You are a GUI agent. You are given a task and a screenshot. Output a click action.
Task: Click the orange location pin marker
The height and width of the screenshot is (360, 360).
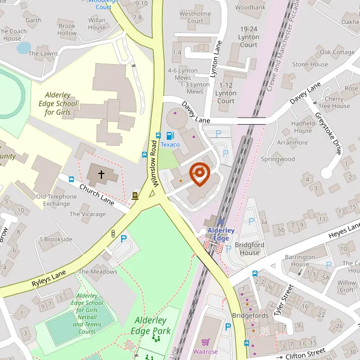point(199,174)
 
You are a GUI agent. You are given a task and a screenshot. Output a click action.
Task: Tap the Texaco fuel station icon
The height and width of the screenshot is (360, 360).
point(170,136)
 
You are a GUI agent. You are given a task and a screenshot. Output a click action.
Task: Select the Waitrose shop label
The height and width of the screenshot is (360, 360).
point(205,352)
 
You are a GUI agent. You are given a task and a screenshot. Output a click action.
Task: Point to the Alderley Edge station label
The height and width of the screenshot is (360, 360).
point(218,234)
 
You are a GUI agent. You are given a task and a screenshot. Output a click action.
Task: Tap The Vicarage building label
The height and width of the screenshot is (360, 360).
point(88,214)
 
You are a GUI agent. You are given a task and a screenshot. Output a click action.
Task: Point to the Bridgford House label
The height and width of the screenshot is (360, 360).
point(248,249)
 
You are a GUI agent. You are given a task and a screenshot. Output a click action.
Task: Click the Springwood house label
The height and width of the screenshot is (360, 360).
point(278,159)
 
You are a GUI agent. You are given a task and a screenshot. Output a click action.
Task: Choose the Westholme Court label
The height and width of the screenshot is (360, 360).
point(195,17)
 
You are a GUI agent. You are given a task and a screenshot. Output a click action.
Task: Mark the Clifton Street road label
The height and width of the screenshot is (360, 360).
point(305,355)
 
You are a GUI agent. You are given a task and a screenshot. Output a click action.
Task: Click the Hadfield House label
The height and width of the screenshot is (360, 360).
point(303,127)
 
